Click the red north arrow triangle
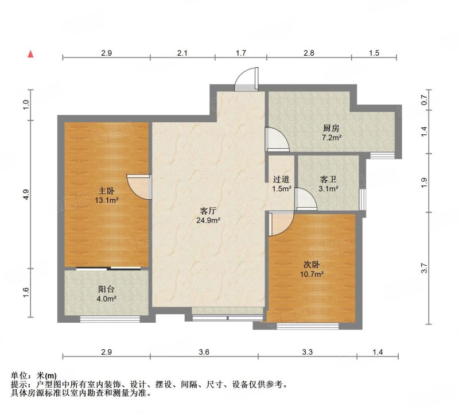[x=30, y=54]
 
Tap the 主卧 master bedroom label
[x=106, y=191]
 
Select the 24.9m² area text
[x=208, y=220]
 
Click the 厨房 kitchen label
[x=331, y=128]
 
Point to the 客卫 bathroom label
[x=328, y=179]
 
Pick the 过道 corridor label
[x=281, y=179]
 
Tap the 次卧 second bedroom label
[x=311, y=265]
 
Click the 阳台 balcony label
[x=106, y=289]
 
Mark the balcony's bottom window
[x=110, y=319]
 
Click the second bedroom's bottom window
[x=308, y=326]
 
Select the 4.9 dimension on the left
[x=26, y=195]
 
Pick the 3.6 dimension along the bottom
[x=204, y=351]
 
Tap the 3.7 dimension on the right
[x=424, y=268]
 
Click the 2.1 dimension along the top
[x=182, y=53]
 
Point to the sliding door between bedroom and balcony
[x=108, y=268]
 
